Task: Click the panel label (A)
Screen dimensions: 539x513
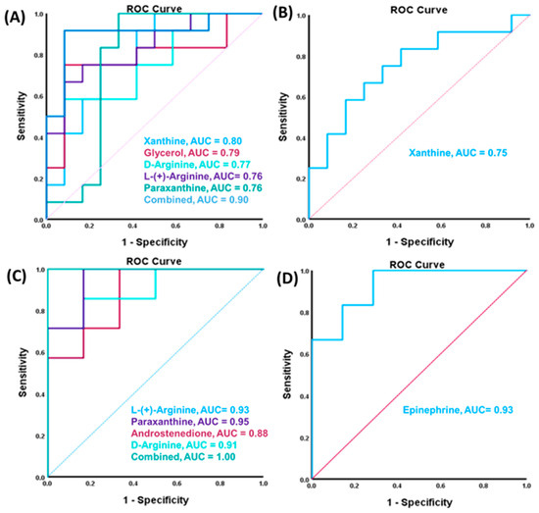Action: (x=15, y=18)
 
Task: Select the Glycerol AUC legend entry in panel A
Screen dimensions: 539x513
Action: (x=192, y=153)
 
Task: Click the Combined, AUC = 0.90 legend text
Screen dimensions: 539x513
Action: (x=196, y=199)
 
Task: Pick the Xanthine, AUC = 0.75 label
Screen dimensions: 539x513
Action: (x=458, y=153)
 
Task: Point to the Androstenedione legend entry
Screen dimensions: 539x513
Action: (x=199, y=434)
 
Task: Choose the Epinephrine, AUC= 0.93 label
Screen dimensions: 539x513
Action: (x=458, y=410)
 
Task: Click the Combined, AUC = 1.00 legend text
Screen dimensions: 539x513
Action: (x=183, y=457)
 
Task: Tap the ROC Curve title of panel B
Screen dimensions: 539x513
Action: (x=418, y=10)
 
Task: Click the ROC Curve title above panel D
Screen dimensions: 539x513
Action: (x=416, y=265)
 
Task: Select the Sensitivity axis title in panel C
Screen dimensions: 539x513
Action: (x=23, y=372)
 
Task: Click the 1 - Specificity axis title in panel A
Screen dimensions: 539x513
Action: (x=155, y=242)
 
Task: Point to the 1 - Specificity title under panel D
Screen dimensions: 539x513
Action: (x=419, y=502)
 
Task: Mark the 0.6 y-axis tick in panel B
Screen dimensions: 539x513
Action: (x=301, y=97)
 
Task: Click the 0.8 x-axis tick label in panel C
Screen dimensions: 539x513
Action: (x=220, y=484)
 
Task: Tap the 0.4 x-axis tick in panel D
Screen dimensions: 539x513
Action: (x=397, y=486)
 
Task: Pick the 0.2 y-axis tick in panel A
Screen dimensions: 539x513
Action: (x=38, y=179)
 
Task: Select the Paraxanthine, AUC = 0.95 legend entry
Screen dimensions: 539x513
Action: (x=190, y=422)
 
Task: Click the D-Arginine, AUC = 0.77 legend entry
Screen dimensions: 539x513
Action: (x=197, y=165)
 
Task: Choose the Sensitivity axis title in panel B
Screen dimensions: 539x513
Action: (x=283, y=117)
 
